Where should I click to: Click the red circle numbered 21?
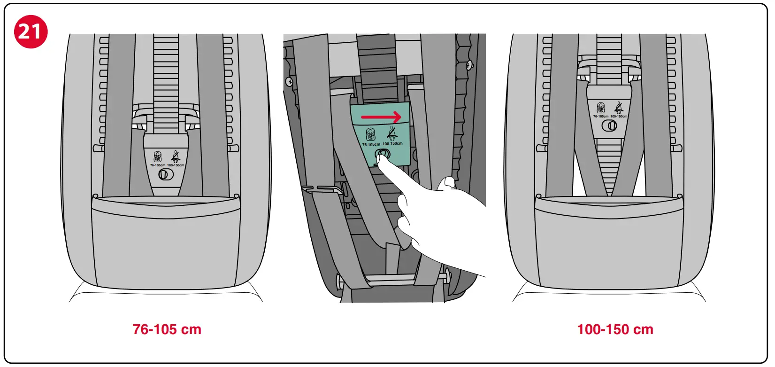(31, 31)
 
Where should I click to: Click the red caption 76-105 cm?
(167, 329)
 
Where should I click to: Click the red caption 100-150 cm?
(615, 329)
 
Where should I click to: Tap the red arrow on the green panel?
(381, 117)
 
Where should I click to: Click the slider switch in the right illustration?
(610, 125)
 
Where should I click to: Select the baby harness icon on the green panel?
(370, 135)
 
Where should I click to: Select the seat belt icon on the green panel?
(391, 133)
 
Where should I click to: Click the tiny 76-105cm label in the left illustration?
(157, 165)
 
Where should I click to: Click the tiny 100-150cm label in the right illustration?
(619, 117)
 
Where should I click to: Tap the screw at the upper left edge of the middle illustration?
(289, 82)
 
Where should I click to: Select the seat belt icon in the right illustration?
(619, 108)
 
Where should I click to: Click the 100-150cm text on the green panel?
(392, 143)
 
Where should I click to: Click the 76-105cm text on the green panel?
(371, 144)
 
